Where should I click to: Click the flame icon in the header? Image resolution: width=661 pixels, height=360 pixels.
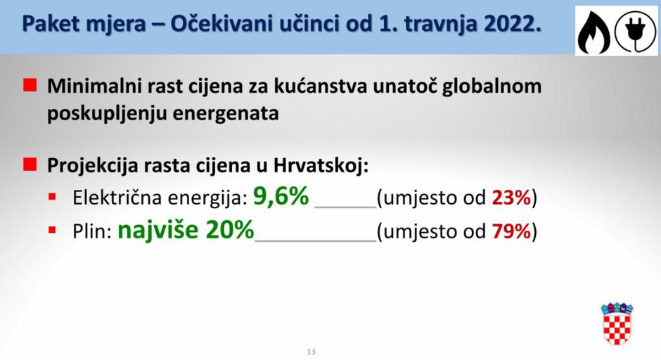click(x=594, y=30)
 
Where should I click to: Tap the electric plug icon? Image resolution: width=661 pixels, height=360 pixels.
click(x=635, y=30)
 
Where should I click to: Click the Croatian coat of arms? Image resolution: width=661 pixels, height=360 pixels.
click(x=617, y=323)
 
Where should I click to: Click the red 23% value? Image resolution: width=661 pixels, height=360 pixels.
click(x=511, y=199)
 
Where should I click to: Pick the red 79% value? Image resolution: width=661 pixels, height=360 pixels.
click(x=511, y=231)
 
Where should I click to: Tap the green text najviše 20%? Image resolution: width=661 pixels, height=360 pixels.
click(x=185, y=230)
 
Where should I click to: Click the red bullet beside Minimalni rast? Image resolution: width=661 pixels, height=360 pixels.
click(x=30, y=86)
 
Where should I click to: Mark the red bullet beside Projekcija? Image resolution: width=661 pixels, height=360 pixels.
click(x=30, y=165)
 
